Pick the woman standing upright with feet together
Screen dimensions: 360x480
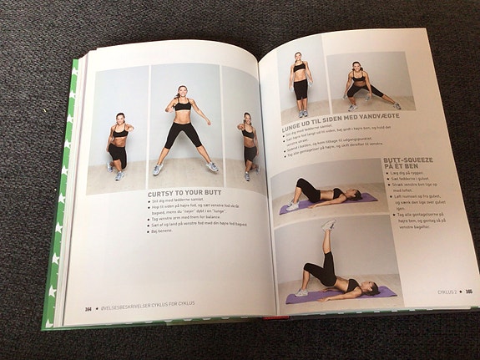pos(300,84)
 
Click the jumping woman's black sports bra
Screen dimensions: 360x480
pos(182,105)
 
